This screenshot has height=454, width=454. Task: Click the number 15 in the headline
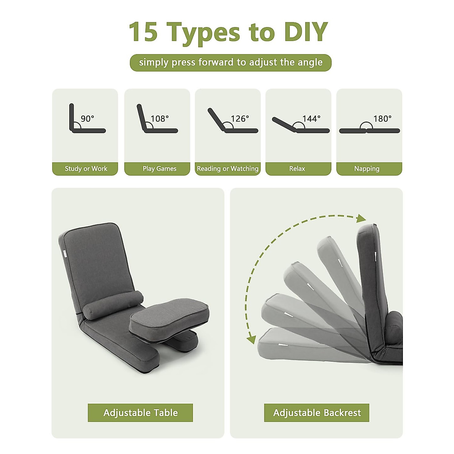click(x=143, y=32)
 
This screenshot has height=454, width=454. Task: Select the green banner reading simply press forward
click(x=230, y=62)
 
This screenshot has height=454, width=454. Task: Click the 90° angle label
click(x=87, y=118)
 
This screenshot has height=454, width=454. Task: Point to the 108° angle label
click(x=160, y=118)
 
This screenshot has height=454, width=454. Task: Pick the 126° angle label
click(x=240, y=118)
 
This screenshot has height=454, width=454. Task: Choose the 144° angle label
click(x=311, y=118)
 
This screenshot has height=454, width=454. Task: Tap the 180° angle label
click(x=382, y=118)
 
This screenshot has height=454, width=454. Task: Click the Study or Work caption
click(x=86, y=169)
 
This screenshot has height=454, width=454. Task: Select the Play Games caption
click(x=159, y=169)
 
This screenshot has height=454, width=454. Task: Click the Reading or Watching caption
click(x=228, y=169)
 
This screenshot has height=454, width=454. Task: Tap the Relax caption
click(x=297, y=169)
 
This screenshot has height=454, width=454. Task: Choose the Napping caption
click(x=367, y=169)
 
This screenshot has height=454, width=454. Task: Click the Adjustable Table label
click(x=140, y=413)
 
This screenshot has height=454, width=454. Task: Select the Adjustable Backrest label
click(x=317, y=413)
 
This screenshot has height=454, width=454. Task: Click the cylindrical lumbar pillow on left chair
click(x=113, y=305)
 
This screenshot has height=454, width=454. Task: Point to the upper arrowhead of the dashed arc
click(x=361, y=218)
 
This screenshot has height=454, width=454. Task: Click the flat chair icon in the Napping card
click(x=369, y=131)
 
